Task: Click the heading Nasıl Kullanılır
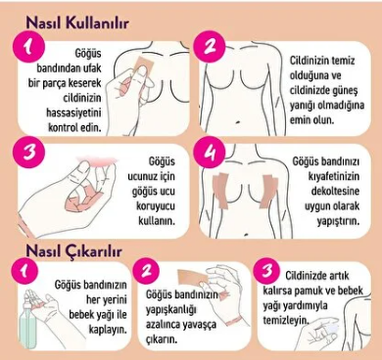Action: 77,22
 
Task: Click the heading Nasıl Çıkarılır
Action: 74,251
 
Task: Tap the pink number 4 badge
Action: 209,153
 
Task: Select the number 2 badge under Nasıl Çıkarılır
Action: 147,270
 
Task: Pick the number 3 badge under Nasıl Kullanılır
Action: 28,153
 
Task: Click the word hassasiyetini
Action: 73,112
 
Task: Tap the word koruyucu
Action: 156,206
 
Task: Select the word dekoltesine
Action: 335,191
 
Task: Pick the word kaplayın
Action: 108,330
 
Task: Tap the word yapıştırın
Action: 338,221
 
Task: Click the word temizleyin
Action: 286,320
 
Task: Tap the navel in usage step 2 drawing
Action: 238,122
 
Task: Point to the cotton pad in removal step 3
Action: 329,327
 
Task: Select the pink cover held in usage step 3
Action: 96,160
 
